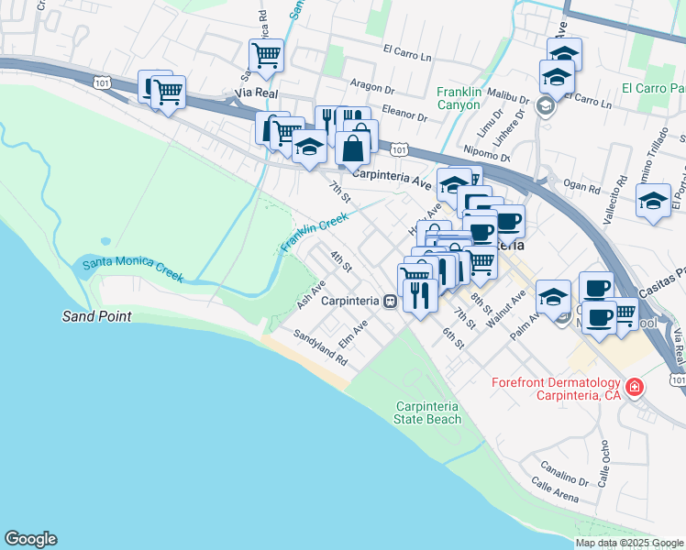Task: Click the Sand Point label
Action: pos(96,316)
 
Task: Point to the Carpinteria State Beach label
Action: pos(427,412)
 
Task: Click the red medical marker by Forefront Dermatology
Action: pos(634,387)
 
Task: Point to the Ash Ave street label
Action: pos(311,293)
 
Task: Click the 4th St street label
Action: pos(341,261)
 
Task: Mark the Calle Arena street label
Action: pos(554,498)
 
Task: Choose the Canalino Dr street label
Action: pos(564,472)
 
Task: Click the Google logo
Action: pos(30,539)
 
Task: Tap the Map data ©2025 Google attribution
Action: pos(629,543)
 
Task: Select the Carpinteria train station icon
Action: pos(390,301)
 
